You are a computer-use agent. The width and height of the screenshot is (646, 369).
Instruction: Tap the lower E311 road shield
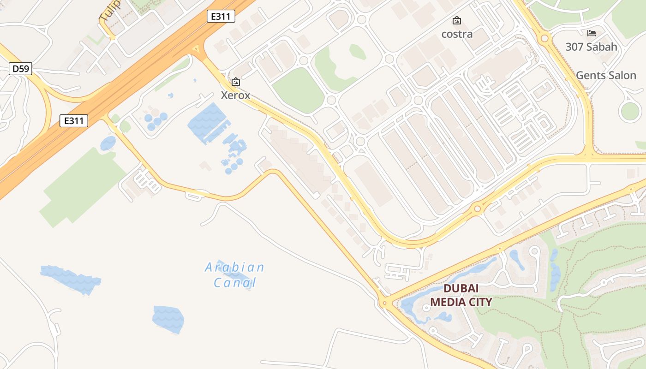coord(74,121)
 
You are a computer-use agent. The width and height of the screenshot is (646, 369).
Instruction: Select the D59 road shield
coord(21,69)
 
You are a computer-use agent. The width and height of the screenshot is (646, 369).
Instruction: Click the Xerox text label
coord(235,95)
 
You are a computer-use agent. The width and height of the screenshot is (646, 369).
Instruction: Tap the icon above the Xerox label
coord(236,82)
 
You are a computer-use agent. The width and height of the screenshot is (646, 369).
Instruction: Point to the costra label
coord(457,34)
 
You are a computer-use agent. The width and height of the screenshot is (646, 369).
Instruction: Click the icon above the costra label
coord(457,20)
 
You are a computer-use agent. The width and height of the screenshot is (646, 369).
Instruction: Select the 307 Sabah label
coord(591,47)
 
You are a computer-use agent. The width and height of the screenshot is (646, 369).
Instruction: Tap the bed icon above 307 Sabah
coord(592,33)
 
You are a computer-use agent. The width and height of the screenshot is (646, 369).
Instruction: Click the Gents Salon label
coord(606,75)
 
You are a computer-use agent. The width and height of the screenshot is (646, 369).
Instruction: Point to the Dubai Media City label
coord(461,295)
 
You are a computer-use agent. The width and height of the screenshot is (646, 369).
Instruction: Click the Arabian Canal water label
coord(234,274)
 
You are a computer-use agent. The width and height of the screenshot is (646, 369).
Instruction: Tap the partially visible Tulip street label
coord(110,10)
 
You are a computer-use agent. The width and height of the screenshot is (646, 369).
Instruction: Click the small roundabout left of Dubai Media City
coord(384,303)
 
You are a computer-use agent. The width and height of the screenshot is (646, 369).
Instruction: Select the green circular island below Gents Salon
coord(629,111)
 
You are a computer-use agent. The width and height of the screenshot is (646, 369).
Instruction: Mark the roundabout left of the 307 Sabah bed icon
coord(544,38)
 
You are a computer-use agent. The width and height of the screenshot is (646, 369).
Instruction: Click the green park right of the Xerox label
coord(299,90)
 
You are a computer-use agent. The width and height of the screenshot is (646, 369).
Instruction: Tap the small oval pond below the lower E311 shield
coord(108,143)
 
